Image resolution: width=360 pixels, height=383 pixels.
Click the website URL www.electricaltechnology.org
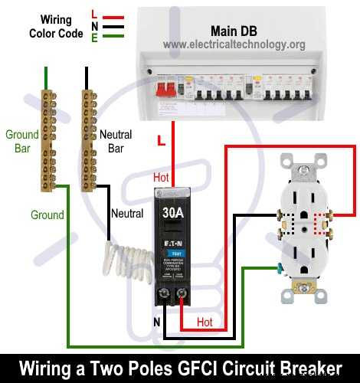click(x=234, y=44)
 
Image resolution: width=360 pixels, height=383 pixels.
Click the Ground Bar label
click(x=21, y=141)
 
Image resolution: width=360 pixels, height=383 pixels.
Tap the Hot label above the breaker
click(x=161, y=177)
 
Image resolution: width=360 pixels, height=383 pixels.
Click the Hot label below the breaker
click(x=205, y=322)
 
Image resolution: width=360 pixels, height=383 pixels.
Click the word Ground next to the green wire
click(x=47, y=215)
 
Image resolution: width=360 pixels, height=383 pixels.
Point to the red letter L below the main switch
click(x=159, y=141)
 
